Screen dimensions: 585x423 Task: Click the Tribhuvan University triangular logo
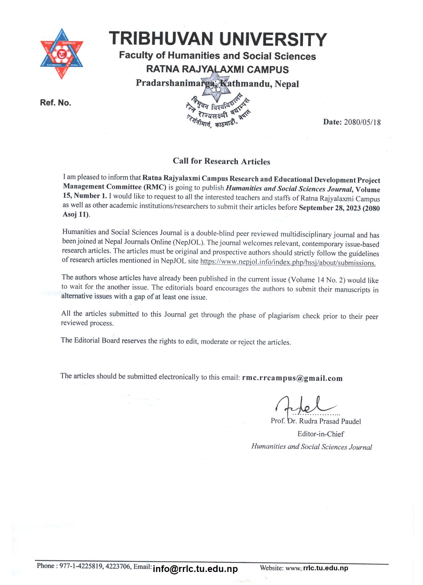62,54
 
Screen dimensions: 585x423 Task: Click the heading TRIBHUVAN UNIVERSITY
218,39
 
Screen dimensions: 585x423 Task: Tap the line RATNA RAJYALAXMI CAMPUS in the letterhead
217,70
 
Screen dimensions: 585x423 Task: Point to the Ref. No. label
56,103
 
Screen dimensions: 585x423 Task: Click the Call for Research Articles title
221,161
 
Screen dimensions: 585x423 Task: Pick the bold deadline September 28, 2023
330,208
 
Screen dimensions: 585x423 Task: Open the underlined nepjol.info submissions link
288,263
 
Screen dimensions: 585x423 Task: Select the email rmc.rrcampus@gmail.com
292,378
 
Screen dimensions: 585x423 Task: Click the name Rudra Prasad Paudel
330,421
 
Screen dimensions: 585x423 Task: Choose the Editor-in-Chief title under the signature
321,434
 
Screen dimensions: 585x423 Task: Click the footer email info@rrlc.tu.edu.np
195,569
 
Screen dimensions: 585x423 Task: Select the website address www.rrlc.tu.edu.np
317,568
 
